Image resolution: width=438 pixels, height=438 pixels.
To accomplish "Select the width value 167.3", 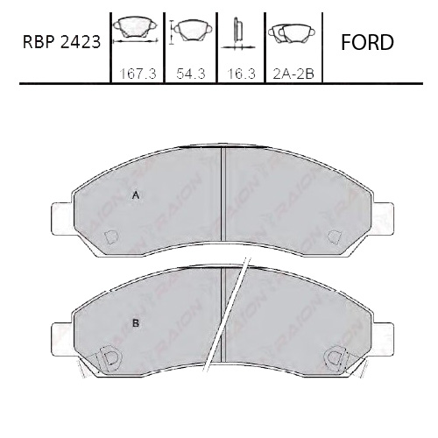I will tap(135, 75).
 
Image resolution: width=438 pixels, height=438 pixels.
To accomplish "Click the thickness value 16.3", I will tap(239, 75).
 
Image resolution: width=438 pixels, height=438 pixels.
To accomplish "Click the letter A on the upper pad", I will tap(135, 195).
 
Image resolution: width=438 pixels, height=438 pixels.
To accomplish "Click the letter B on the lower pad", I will tap(136, 323).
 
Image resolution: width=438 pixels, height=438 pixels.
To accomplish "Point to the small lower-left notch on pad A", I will tap(111, 237).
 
